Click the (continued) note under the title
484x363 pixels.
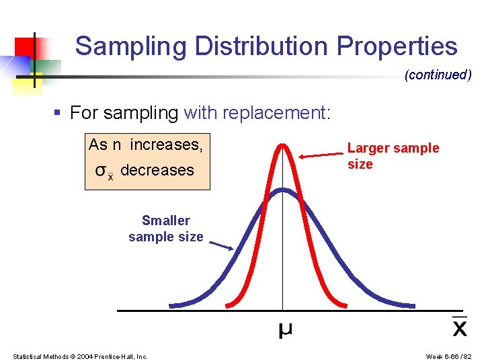438,75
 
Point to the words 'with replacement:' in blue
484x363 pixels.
257,112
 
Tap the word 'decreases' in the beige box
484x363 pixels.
157,170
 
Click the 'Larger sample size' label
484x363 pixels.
393,156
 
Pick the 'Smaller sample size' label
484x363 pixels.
166,229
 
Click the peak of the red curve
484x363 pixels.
283,145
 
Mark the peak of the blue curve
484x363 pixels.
283,190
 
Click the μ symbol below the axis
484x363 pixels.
285,330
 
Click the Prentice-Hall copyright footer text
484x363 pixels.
81,356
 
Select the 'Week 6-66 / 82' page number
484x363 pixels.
449,356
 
